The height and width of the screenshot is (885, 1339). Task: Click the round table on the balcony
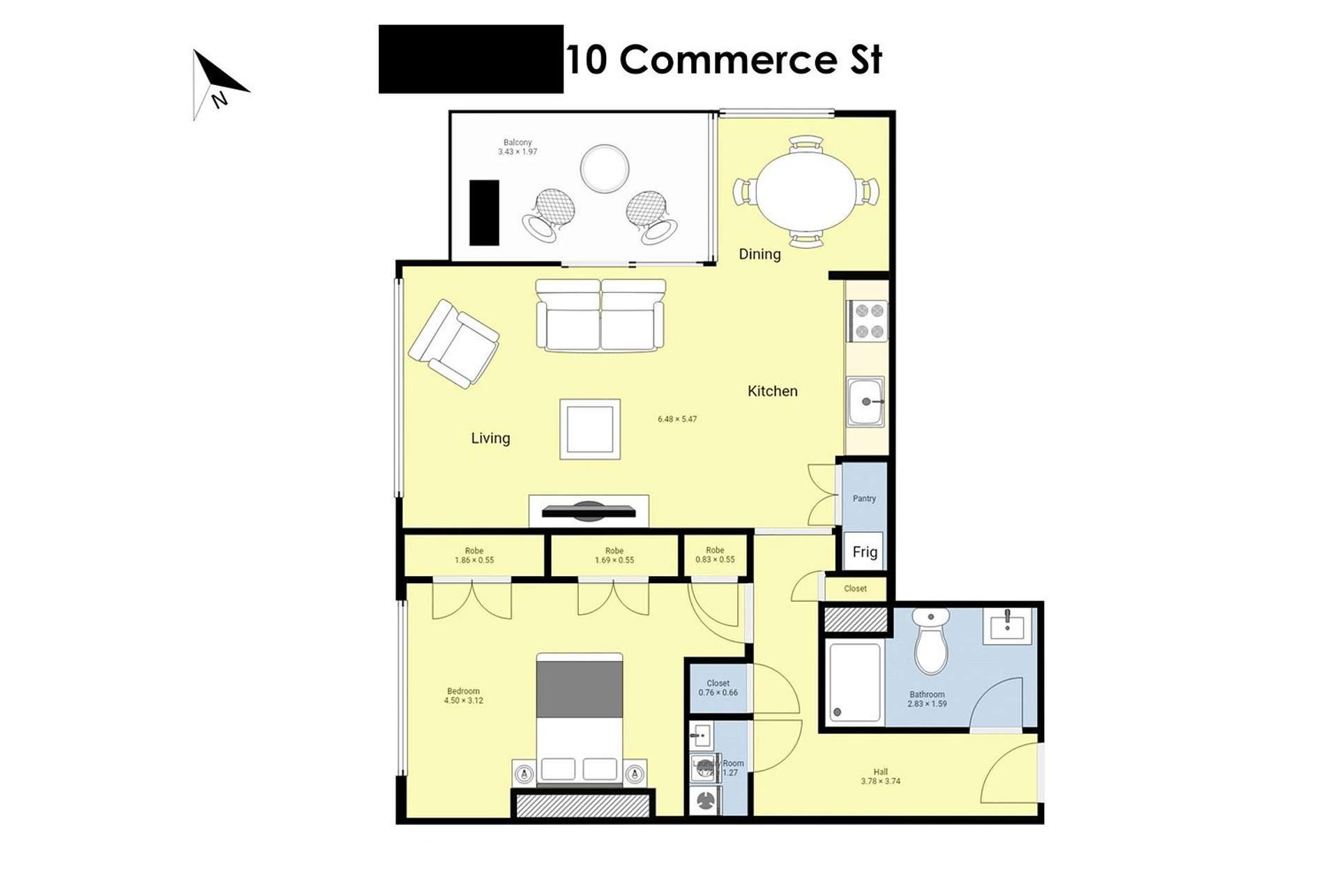click(x=604, y=168)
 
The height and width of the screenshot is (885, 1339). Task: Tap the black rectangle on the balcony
click(x=484, y=213)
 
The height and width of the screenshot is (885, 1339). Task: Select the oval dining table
click(x=806, y=191)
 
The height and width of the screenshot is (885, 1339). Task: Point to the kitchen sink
click(x=865, y=402)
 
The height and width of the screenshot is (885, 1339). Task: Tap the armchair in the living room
click(x=454, y=344)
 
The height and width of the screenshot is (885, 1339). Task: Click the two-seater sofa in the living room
click(x=600, y=315)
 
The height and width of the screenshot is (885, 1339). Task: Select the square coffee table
click(x=590, y=429)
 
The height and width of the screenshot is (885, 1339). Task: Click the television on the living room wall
click(x=589, y=511)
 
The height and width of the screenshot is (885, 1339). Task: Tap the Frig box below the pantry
click(x=864, y=552)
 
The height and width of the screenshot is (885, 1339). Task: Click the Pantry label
click(x=864, y=499)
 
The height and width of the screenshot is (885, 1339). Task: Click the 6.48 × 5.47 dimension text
click(x=676, y=419)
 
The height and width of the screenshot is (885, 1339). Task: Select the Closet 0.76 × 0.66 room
click(x=718, y=688)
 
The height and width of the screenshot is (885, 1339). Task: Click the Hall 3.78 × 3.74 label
click(x=880, y=776)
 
